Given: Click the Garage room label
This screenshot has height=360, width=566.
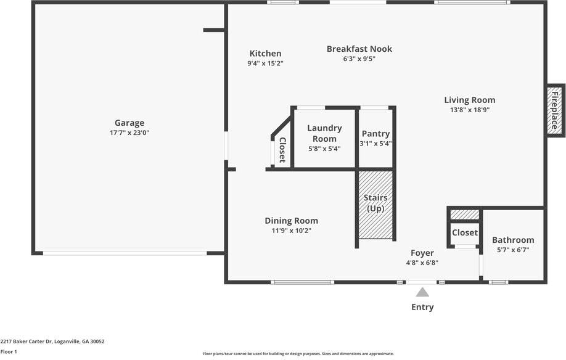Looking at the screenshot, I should point(129,123).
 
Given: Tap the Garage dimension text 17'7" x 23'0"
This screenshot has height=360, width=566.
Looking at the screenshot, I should point(129,133).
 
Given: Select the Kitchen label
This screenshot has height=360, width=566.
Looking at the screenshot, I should point(265,54).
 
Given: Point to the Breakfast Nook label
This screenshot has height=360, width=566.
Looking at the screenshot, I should point(359,49).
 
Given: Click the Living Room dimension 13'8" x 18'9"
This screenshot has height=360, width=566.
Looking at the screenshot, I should point(469,110).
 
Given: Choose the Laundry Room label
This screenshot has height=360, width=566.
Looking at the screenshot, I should point(324,133).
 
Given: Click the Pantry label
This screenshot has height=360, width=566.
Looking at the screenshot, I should point(375,134).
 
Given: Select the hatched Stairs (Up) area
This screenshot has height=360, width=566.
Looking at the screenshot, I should point(375,205).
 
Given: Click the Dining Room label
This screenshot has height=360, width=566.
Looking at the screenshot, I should point(291,221).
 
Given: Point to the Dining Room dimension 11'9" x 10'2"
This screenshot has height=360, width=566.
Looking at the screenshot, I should point(291,231).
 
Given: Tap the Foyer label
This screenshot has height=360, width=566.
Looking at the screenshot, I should point(422,253).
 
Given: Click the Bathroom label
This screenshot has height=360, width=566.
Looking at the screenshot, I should point(513,240).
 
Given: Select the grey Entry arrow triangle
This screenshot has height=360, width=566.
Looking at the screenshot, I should point(422,292).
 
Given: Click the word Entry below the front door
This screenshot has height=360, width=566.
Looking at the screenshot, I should point(422,307).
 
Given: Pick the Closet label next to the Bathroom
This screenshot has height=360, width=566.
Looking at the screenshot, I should point(464,232).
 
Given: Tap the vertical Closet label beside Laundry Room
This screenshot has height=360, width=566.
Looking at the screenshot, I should point(282,150).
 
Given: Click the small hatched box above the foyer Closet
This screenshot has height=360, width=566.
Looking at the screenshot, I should point(464,215).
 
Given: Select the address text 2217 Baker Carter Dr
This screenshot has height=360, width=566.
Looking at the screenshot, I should point(52,341).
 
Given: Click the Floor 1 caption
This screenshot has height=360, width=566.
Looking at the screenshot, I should point(9,351).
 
